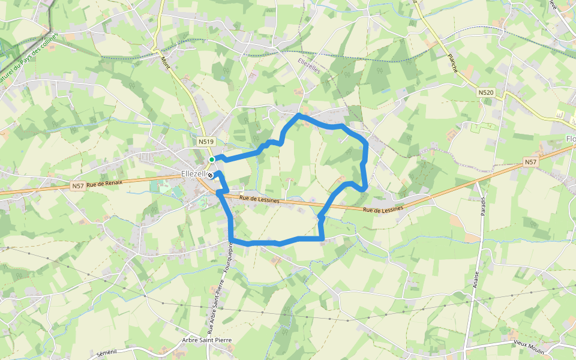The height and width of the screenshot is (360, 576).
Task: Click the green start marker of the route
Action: click(212, 159)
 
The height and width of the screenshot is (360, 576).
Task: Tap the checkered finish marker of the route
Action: click(210, 175)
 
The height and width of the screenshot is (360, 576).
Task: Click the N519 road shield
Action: click(206, 142)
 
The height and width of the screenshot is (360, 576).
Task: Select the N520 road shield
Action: click(486, 92)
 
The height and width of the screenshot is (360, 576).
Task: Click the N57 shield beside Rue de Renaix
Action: click(77, 186)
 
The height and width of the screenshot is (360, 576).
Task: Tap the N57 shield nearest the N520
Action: click(530, 162)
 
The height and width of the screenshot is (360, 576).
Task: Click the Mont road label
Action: click(165, 64)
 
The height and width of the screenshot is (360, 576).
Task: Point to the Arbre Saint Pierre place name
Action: click(206, 340)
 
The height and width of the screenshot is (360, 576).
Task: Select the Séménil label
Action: click(106, 353)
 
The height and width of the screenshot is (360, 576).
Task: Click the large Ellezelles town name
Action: click(193, 174)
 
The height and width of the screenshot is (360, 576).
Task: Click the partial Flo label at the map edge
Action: click(570, 139)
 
